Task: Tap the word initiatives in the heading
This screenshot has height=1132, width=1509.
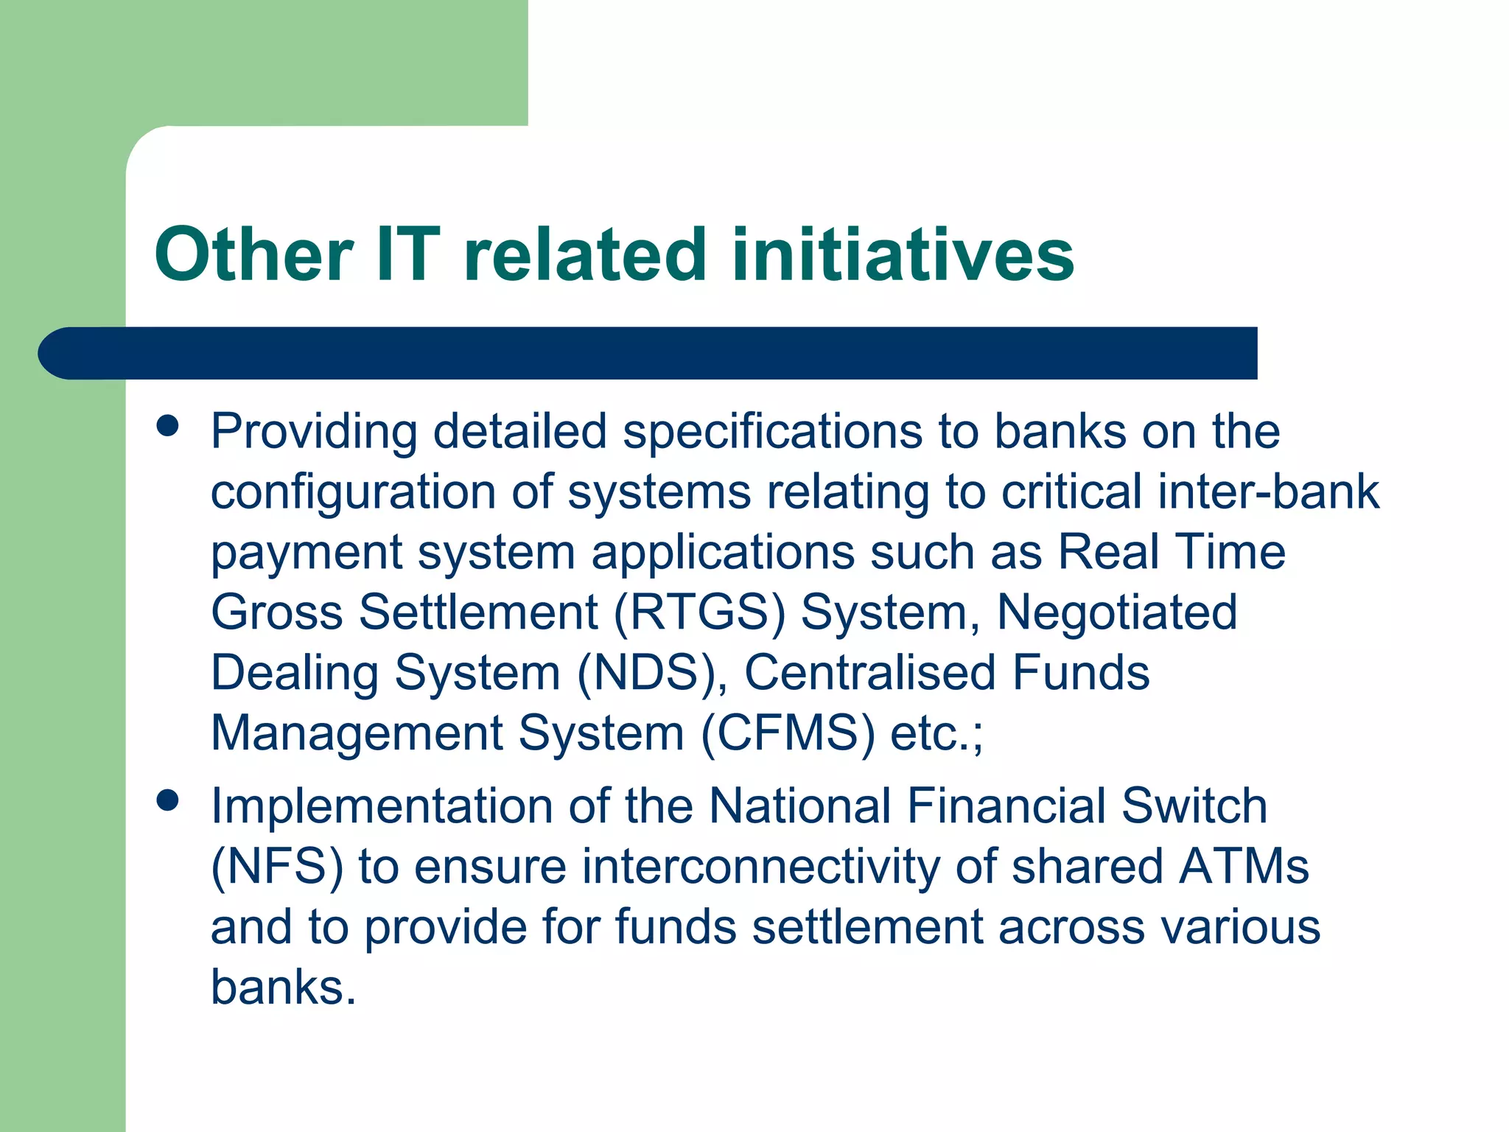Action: point(903,255)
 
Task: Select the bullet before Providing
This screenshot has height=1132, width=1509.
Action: point(168,426)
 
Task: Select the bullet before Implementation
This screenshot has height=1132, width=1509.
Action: point(168,800)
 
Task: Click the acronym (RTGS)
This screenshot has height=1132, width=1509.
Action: point(700,612)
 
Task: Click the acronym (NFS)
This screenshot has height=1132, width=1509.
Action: point(277,867)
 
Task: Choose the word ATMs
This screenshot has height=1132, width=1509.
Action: point(1244,867)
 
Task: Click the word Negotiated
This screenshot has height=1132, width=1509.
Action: point(1116,612)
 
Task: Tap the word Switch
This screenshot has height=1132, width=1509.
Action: point(1194,806)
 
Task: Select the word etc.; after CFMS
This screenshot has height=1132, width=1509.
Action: point(936,733)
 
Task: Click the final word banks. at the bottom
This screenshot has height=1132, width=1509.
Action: point(283,987)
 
